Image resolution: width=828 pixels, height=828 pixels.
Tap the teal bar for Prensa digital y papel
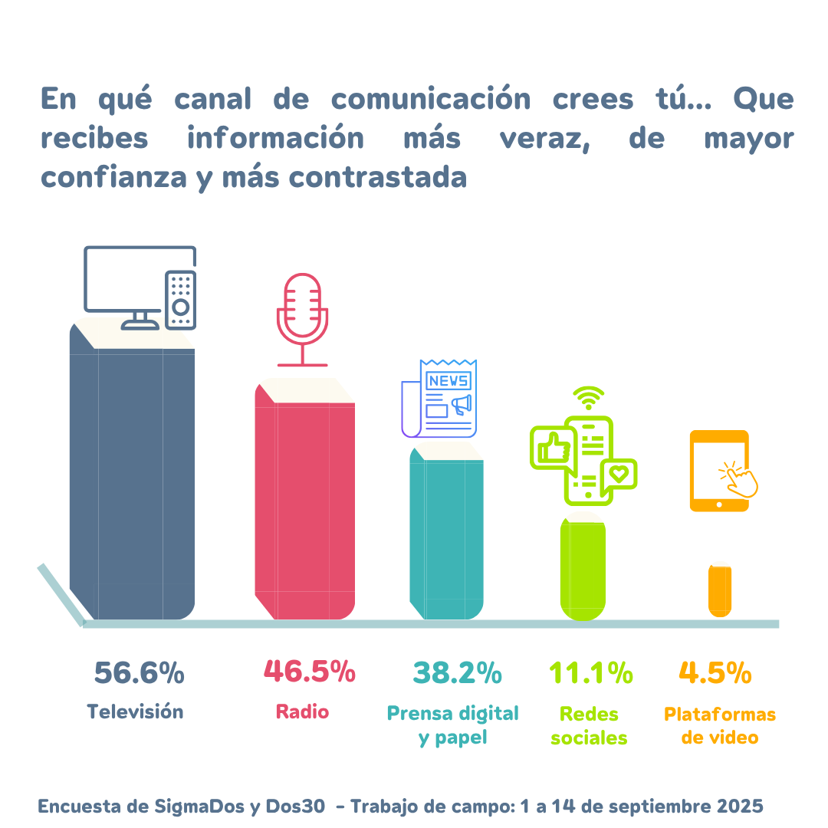(447, 537)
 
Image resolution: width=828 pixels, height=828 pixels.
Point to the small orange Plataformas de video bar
(719, 591)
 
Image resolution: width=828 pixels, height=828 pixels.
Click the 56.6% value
(139, 673)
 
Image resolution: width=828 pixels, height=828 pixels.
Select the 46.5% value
(309, 671)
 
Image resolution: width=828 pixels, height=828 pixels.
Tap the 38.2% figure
(457, 672)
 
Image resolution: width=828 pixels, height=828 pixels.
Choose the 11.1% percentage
(591, 672)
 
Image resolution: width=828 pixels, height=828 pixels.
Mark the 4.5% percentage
(715, 672)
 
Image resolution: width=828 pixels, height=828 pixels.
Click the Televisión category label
(135, 711)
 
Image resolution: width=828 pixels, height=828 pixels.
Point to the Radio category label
(302, 711)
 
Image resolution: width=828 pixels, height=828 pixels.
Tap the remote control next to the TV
(181, 299)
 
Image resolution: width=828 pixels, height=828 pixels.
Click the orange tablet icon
(719, 470)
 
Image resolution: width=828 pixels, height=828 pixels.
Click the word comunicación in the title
(431, 99)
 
